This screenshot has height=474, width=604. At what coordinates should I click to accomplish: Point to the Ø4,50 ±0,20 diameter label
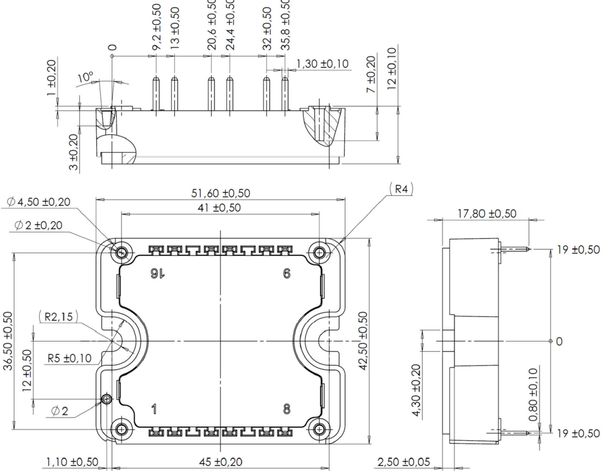coord(39,202)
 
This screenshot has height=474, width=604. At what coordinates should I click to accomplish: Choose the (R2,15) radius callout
coord(58,316)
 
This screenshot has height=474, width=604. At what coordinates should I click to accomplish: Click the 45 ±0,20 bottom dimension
coord(221,461)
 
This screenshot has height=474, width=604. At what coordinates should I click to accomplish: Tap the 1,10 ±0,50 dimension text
coord(71,461)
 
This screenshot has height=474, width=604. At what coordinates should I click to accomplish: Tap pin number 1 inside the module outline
coord(152,409)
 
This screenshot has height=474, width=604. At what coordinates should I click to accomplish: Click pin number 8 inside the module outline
coord(286,409)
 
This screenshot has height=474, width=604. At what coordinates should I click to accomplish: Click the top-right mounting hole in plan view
coord(319,253)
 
